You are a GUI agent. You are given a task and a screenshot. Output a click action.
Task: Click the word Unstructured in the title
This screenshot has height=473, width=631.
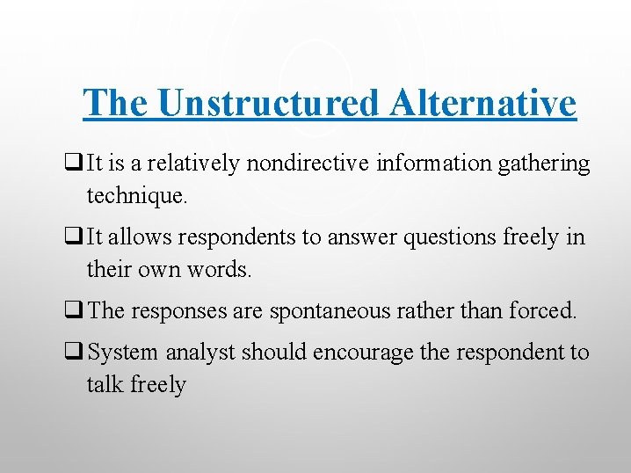269,104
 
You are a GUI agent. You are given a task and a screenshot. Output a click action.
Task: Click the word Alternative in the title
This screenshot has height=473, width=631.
483,104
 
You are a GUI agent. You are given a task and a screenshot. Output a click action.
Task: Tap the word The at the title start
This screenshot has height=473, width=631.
117,104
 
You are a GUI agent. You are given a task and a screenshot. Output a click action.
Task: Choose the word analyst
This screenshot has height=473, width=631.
200,352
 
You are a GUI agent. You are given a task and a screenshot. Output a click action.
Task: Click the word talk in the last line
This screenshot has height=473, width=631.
101,384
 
